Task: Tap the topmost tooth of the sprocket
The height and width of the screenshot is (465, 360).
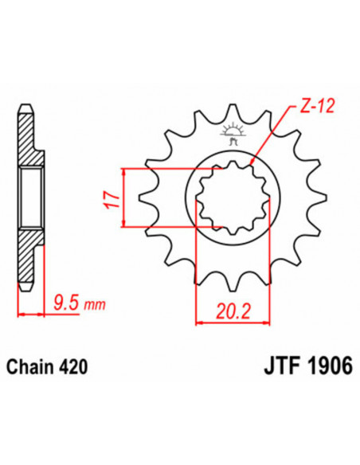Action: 233,111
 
